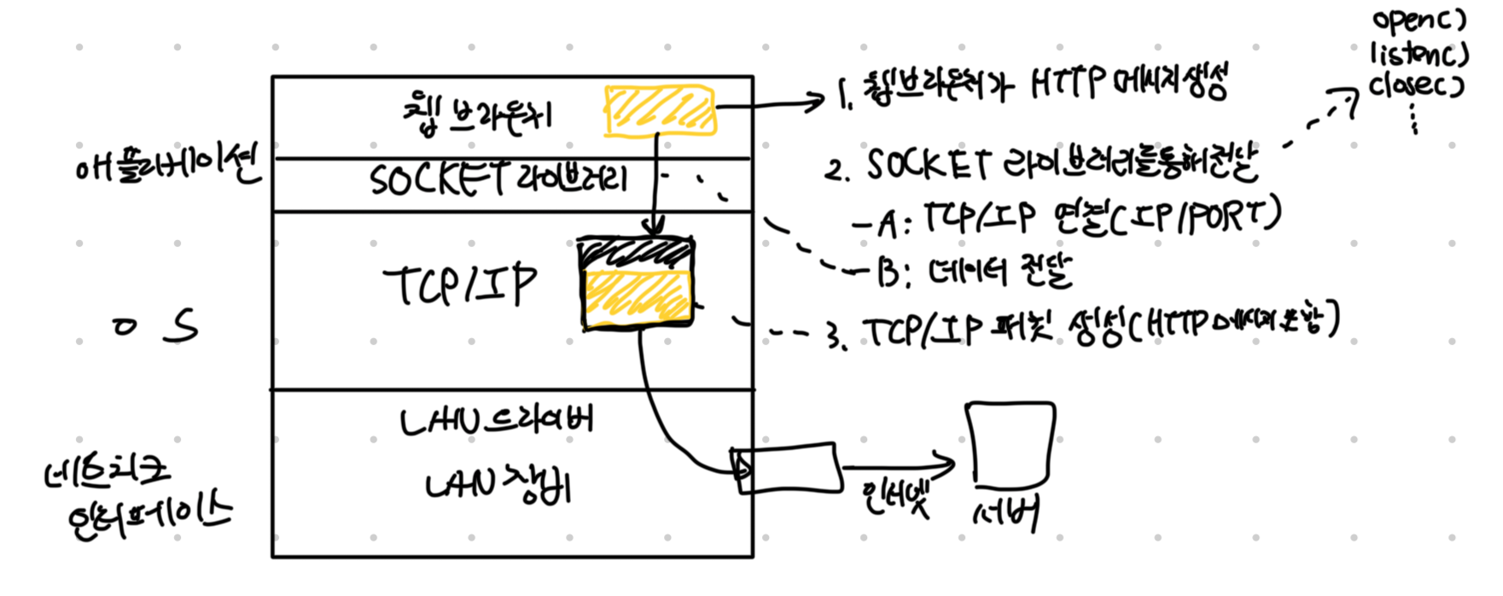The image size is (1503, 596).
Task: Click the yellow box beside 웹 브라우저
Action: pos(660,111)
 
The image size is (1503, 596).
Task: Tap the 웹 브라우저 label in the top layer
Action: pos(477,114)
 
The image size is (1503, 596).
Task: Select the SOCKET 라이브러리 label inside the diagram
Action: pos(498,180)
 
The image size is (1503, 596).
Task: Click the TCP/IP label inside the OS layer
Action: pos(460,285)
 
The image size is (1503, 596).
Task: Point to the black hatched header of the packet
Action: pos(636,254)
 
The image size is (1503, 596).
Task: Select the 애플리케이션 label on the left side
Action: pos(166,165)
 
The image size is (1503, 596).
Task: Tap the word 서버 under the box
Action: pos(1007,514)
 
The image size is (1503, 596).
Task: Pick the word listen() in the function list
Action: pos(1419,56)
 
